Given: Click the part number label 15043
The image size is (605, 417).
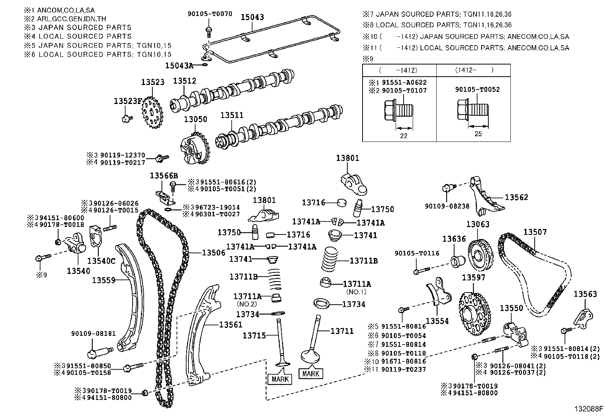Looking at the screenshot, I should (x=252, y=17).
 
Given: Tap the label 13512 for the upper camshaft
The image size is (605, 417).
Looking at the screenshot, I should (x=185, y=81).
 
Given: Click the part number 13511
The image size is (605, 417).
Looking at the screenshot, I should (x=232, y=115).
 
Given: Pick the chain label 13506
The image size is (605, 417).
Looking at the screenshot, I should (x=214, y=252).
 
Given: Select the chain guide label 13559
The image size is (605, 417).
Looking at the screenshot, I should (x=103, y=280).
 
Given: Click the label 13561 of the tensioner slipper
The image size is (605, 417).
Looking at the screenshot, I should (x=230, y=325).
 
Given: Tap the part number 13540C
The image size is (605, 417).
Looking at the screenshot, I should (x=101, y=261).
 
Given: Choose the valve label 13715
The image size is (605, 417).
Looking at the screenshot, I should (x=254, y=335).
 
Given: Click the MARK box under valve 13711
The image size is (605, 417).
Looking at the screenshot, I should (x=311, y=373).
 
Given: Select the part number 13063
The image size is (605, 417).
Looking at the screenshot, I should (x=478, y=224).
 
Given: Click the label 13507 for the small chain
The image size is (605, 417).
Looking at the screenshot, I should (x=535, y=232).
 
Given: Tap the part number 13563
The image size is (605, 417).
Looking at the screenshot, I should (x=585, y=294).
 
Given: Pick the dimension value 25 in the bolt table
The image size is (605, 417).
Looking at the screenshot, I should (x=478, y=134).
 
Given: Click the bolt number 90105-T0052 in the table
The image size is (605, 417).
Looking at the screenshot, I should (x=478, y=90).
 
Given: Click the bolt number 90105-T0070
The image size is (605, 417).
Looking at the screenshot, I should (x=209, y=14).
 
